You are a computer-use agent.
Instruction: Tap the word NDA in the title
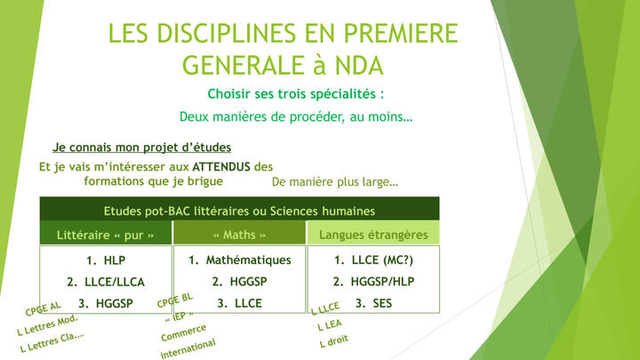point(359,65)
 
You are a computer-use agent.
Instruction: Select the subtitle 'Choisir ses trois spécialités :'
point(296,94)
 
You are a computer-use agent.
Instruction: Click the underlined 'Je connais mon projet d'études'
point(141,148)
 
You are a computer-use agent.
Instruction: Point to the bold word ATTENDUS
point(221,166)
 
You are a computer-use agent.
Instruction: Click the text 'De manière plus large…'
point(335,181)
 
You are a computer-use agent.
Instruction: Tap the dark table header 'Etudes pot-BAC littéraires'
point(239,211)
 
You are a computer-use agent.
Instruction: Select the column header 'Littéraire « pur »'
point(105,235)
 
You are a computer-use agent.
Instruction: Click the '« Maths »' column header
point(240,235)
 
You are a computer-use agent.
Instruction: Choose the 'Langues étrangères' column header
point(373,235)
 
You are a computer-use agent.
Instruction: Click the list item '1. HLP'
point(106,260)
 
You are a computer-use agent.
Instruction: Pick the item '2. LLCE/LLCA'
point(106,282)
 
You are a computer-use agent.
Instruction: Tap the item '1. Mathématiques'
point(240,260)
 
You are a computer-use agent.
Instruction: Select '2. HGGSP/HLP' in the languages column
point(373,282)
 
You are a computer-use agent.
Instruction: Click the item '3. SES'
point(373,303)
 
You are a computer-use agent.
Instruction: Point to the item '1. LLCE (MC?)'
point(373,260)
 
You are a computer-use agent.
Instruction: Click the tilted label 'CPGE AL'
point(43,308)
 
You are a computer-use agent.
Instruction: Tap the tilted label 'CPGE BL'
point(175,300)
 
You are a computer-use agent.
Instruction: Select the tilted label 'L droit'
point(334,340)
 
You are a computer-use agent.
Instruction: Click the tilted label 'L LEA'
point(330,325)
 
